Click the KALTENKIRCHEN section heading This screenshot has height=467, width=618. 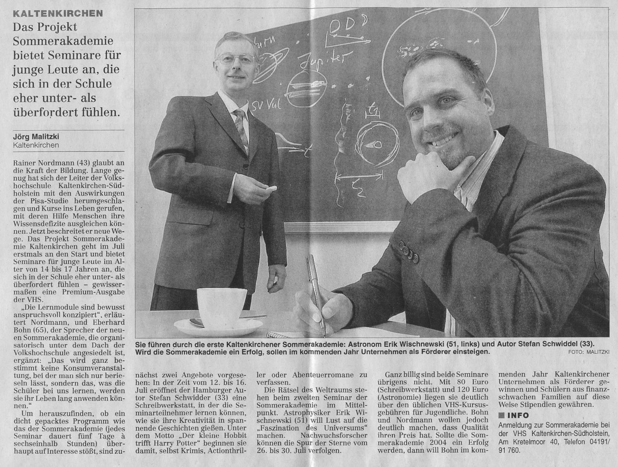coord(58,13)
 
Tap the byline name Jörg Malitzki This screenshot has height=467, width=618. coord(36,137)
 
